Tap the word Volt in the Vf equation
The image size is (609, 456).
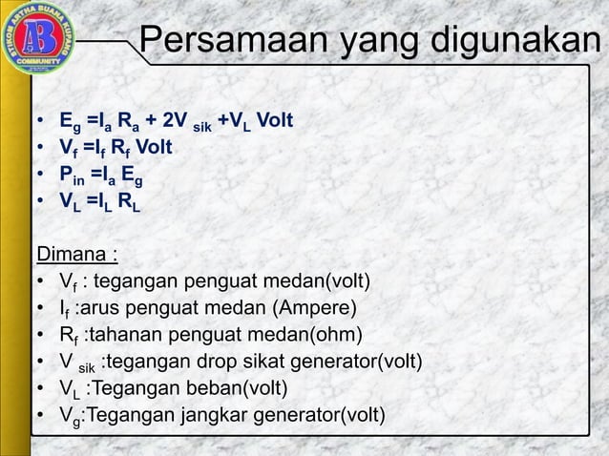pyautogui.click(x=153, y=148)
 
